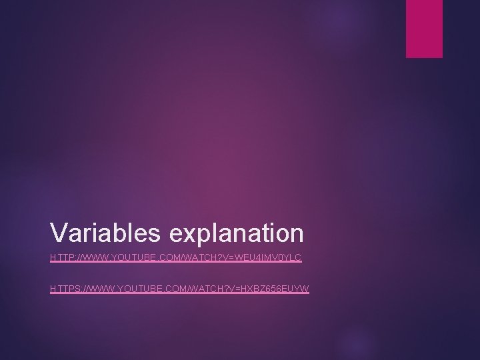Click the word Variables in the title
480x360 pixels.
107,233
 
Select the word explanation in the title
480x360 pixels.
237,233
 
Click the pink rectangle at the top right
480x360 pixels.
424,28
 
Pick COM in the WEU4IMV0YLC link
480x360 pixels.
172,257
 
